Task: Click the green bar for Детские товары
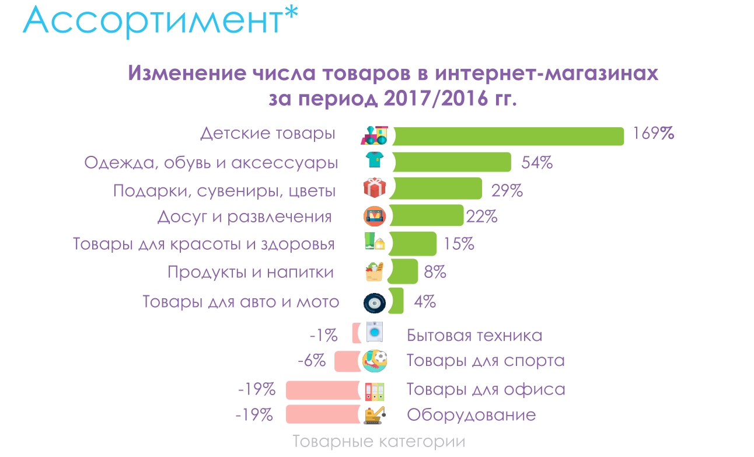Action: [x=508, y=136]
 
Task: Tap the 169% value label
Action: [x=654, y=134]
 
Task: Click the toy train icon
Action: [x=375, y=135]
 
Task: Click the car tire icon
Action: [x=374, y=303]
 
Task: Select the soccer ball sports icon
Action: [x=375, y=360]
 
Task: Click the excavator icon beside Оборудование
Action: [x=375, y=414]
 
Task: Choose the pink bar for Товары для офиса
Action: [x=323, y=390]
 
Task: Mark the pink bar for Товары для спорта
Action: [x=348, y=362]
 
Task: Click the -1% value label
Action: [x=323, y=336]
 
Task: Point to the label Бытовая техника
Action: [x=474, y=336]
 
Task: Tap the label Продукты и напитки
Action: [x=250, y=273]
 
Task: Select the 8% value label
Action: [x=435, y=272]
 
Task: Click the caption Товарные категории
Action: [x=379, y=442]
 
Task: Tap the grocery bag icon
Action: [x=374, y=272]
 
